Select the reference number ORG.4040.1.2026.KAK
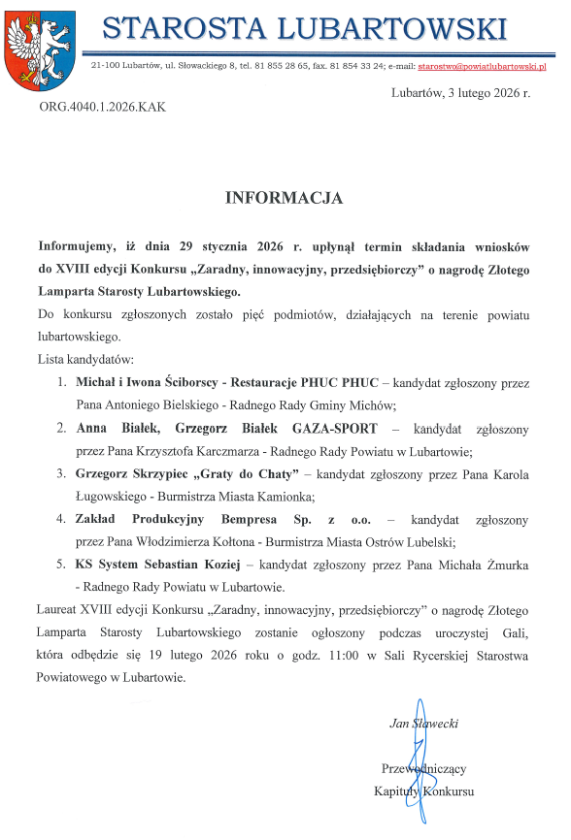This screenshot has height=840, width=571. [103, 107]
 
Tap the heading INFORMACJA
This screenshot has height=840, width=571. [285, 198]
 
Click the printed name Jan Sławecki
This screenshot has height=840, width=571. [424, 723]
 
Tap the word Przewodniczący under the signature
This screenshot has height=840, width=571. [424, 768]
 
